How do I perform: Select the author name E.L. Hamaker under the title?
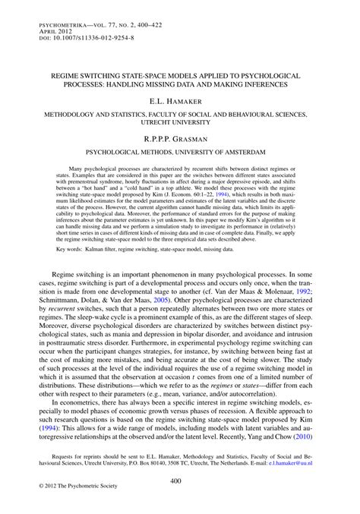(x=180, y=100)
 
